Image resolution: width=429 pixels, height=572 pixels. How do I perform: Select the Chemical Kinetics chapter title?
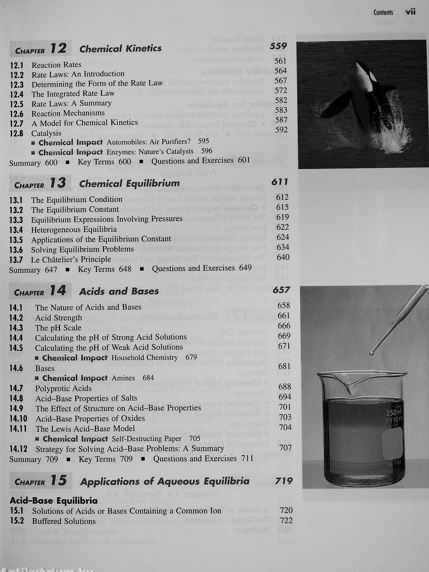click(x=120, y=48)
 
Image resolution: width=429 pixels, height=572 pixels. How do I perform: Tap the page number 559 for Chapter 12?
click(x=278, y=46)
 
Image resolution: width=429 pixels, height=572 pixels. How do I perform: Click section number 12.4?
click(x=17, y=94)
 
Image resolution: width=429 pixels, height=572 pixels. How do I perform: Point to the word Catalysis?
click(x=46, y=133)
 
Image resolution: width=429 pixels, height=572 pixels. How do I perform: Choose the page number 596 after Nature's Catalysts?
click(x=207, y=151)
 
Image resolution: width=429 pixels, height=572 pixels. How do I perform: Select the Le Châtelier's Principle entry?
click(x=71, y=259)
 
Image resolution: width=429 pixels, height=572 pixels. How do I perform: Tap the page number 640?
click(x=283, y=257)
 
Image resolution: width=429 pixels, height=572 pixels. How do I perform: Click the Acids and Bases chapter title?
click(x=119, y=292)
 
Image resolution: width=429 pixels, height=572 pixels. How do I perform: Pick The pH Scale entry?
click(x=58, y=328)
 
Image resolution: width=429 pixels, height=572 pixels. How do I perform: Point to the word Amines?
click(x=123, y=378)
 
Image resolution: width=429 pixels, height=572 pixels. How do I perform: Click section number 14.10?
click(x=18, y=418)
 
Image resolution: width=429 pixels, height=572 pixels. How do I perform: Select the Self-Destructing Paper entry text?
click(x=147, y=439)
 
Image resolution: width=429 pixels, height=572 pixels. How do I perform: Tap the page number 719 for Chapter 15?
click(x=284, y=481)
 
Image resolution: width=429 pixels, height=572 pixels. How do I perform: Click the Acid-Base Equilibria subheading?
click(x=54, y=501)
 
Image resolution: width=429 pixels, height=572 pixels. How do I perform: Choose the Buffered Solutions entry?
click(x=64, y=521)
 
